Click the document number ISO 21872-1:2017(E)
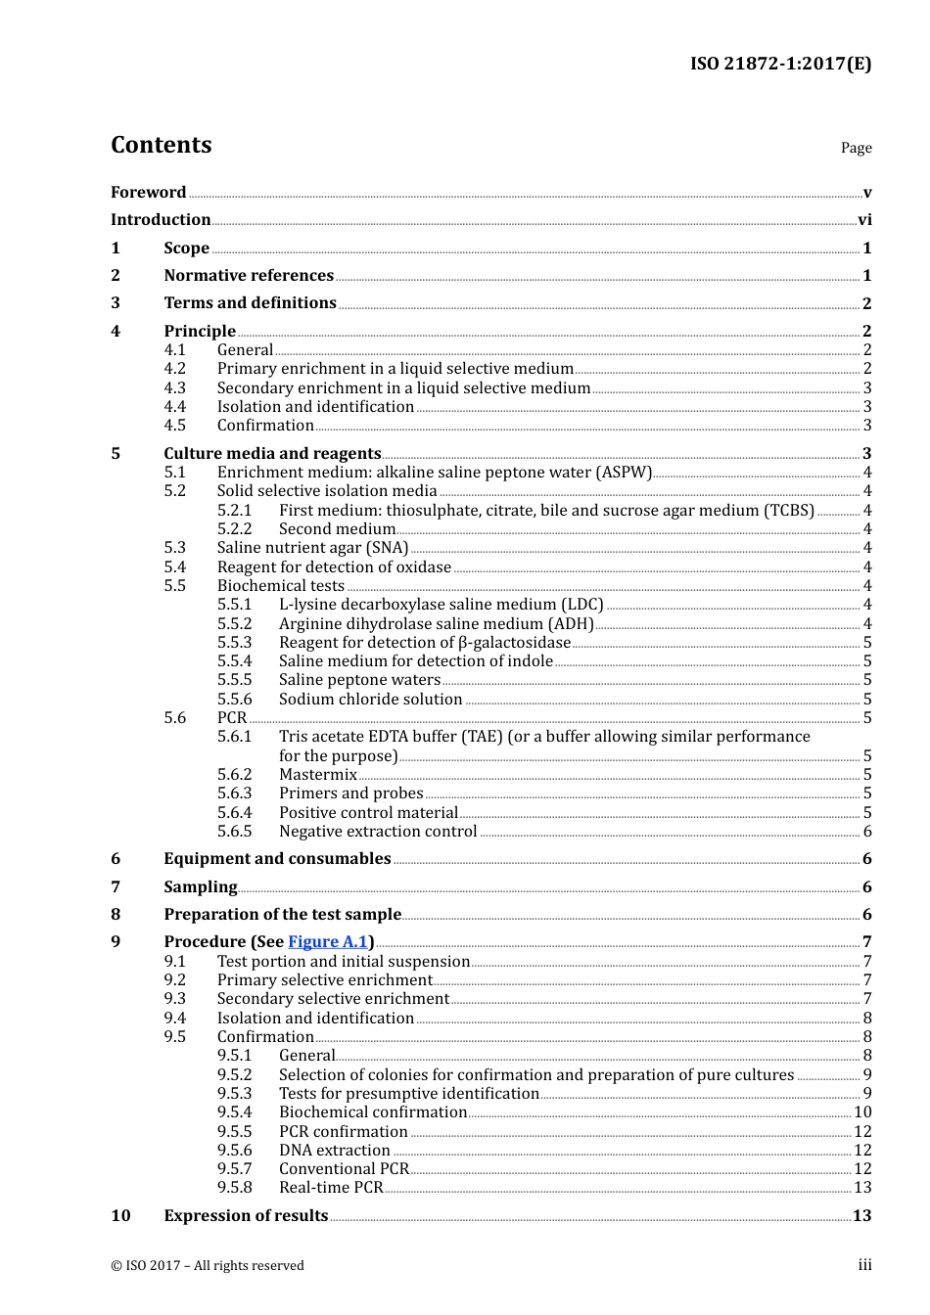click(x=780, y=64)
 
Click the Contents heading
click(x=161, y=145)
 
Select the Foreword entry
click(x=148, y=193)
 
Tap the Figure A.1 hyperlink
click(x=327, y=942)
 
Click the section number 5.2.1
click(x=234, y=511)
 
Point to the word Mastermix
click(x=318, y=775)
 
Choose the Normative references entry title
click(x=249, y=276)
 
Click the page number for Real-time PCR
click(x=862, y=1188)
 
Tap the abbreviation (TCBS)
click(x=791, y=511)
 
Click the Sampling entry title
click(x=200, y=887)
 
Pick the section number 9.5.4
click(x=234, y=1112)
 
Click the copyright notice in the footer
click(x=208, y=1266)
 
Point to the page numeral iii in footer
click(x=864, y=1265)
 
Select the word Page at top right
click(x=856, y=148)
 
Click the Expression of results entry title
click(x=246, y=1216)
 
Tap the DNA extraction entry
click(x=334, y=1151)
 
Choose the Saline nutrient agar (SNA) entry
click(x=312, y=548)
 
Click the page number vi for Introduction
click(x=864, y=220)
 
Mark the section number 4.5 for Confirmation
click(x=174, y=426)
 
